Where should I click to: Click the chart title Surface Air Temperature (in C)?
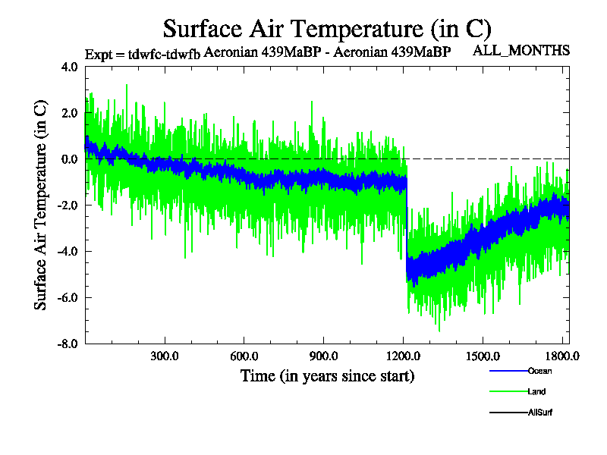(x=327, y=29)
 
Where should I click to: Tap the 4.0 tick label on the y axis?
(x=69, y=67)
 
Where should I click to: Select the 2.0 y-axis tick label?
(x=69, y=113)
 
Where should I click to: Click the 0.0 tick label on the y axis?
(x=69, y=159)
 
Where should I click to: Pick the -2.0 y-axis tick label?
(x=68, y=206)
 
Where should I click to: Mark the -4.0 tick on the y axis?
(x=68, y=252)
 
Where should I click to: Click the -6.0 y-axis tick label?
(x=68, y=297)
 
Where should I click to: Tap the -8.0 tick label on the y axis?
(x=68, y=344)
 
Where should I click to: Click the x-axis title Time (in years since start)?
(x=327, y=375)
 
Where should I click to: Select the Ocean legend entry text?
(x=539, y=371)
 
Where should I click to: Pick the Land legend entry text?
(x=536, y=392)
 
